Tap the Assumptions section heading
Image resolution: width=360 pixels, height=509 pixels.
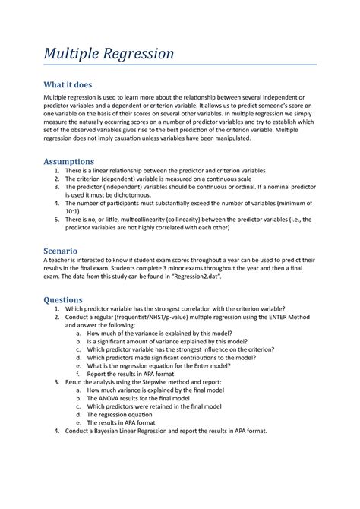[69, 161]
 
